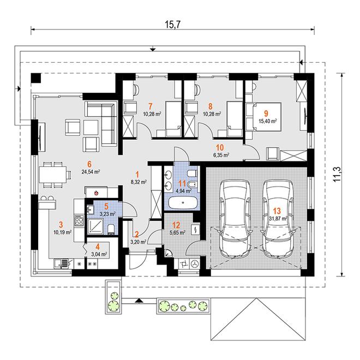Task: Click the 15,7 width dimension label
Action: point(173,24)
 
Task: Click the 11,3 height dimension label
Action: point(338,175)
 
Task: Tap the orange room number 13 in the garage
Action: point(277,211)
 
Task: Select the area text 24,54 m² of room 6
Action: point(91,171)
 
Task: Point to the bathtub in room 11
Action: point(183,202)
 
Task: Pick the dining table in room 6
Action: point(53,174)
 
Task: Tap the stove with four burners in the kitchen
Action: point(79,221)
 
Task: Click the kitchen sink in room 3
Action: point(61,263)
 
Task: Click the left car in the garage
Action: point(235,219)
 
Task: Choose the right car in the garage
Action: point(278,219)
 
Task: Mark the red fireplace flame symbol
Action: point(97,193)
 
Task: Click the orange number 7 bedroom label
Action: point(151,106)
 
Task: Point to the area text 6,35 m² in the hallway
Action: point(221,155)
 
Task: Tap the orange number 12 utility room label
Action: point(176,225)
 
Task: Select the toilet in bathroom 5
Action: point(111,229)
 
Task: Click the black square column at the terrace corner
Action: point(36,78)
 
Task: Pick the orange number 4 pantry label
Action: point(98,247)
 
